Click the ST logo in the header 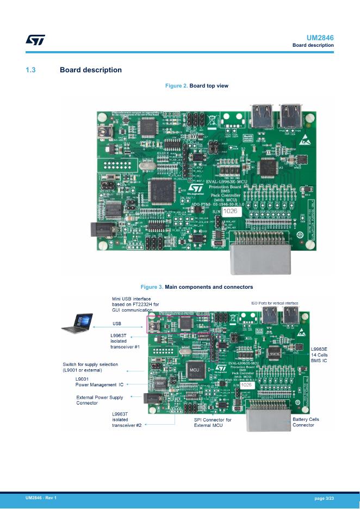pos(35,40)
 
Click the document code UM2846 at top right pos(320,38)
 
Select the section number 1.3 pos(30,70)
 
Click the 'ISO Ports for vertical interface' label pos(275,303)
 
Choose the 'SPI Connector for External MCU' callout pos(213,423)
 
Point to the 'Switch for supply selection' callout pos(90,367)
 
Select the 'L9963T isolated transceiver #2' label pos(127,420)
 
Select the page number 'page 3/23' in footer pos(324,498)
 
